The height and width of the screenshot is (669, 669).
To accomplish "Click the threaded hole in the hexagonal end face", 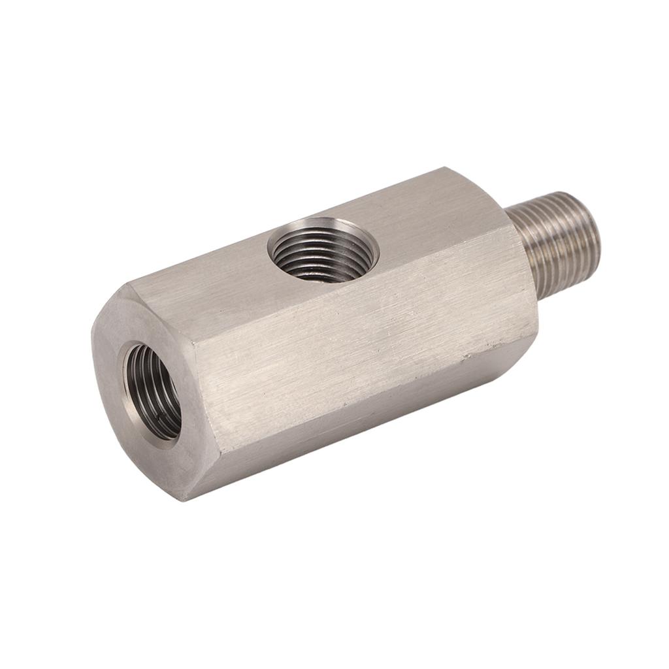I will (152, 392).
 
